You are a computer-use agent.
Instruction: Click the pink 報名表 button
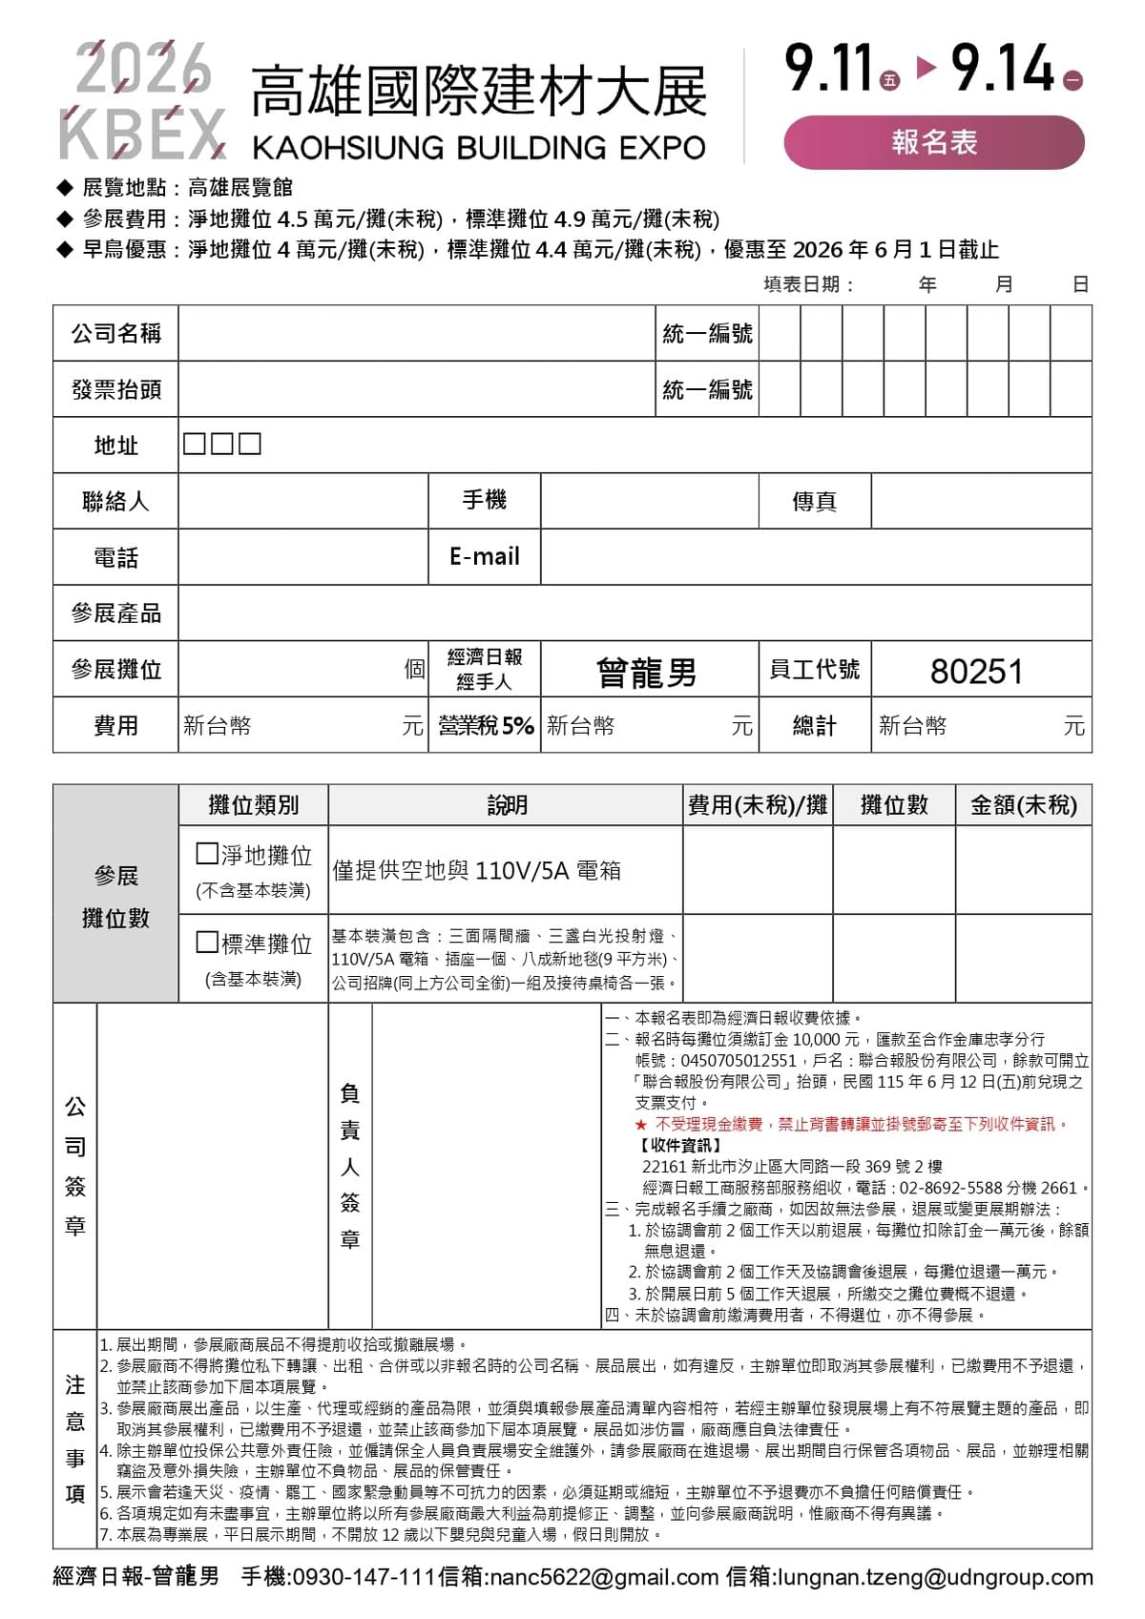[934, 142]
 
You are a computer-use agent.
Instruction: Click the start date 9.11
[829, 70]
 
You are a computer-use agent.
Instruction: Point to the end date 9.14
[1003, 70]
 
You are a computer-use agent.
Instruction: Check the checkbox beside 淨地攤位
[206, 853]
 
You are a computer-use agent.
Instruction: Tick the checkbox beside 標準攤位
[206, 943]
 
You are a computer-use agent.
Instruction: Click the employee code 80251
[976, 672]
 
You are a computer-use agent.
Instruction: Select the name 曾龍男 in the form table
[647, 673]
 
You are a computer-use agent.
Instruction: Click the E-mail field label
[484, 556]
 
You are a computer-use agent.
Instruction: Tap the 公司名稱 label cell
[115, 333]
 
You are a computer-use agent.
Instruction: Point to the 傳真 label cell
[814, 502]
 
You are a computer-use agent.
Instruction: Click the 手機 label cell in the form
[484, 500]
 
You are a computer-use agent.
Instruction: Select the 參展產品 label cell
[115, 612]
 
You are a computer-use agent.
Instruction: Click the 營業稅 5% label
[485, 726]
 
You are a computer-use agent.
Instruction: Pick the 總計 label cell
[814, 726]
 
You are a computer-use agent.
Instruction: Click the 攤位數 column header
[893, 805]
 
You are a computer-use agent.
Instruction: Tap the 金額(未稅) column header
[1023, 805]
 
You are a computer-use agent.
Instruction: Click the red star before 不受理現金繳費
[640, 1125]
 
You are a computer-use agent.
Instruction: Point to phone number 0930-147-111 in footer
[364, 1577]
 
